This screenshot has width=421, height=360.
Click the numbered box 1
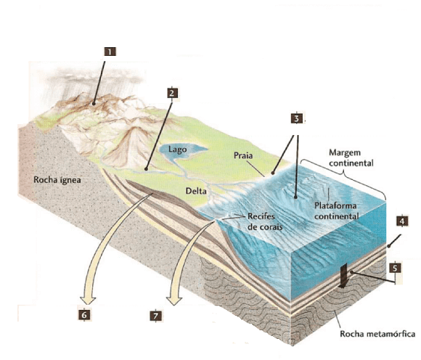pyautogui.click(x=110, y=52)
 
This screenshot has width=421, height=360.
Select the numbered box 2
pyautogui.click(x=172, y=93)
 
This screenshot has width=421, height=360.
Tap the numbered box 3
pyautogui.click(x=297, y=118)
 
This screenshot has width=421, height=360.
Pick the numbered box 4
pyautogui.click(x=402, y=221)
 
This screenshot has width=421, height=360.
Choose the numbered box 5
pyautogui.click(x=395, y=268)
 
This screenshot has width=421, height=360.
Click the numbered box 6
pyautogui.click(x=84, y=315)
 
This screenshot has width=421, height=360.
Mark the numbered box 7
pyautogui.click(x=156, y=316)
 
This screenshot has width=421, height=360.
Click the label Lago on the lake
pyautogui.click(x=178, y=150)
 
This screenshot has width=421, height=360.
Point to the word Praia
pyautogui.click(x=243, y=155)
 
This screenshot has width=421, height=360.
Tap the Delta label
pyautogui.click(x=196, y=191)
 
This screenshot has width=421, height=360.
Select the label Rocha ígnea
pyautogui.click(x=57, y=179)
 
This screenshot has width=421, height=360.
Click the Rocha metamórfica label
pyautogui.click(x=377, y=334)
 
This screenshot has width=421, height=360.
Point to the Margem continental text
pyautogui.click(x=351, y=157)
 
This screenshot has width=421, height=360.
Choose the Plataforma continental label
pyautogui.click(x=337, y=211)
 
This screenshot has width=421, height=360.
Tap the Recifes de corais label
pyautogui.click(x=265, y=221)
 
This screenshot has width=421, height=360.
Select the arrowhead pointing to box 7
pyautogui.click(x=174, y=300)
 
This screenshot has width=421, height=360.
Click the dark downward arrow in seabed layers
pyautogui.click(x=343, y=276)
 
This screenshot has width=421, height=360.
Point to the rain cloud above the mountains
pyautogui.click(x=94, y=77)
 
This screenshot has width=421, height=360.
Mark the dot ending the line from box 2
pyautogui.click(x=146, y=169)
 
